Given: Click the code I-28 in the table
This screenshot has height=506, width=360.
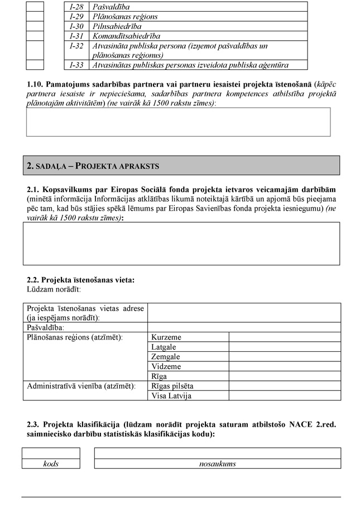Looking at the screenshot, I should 76,7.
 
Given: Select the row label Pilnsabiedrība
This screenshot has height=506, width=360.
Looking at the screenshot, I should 117,26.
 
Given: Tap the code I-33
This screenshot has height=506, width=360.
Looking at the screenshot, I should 76,65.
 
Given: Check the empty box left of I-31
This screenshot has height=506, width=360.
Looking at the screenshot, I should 35,36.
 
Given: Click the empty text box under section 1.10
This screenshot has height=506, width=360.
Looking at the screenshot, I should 178,122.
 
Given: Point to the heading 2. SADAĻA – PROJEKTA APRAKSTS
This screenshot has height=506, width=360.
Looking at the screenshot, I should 93,166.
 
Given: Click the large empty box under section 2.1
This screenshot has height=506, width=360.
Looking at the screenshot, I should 181,244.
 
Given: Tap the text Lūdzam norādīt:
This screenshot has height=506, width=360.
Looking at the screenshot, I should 54,289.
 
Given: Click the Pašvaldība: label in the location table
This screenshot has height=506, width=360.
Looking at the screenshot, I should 45,327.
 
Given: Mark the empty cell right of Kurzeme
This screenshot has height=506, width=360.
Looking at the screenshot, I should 284,337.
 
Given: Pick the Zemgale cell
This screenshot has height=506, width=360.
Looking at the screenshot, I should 166,357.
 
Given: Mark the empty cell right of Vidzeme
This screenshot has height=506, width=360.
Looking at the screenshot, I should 284,366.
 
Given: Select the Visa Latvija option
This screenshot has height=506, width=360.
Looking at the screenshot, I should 171,396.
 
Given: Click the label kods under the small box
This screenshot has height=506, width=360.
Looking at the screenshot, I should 51,464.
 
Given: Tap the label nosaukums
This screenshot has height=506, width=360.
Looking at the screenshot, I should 217,464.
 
